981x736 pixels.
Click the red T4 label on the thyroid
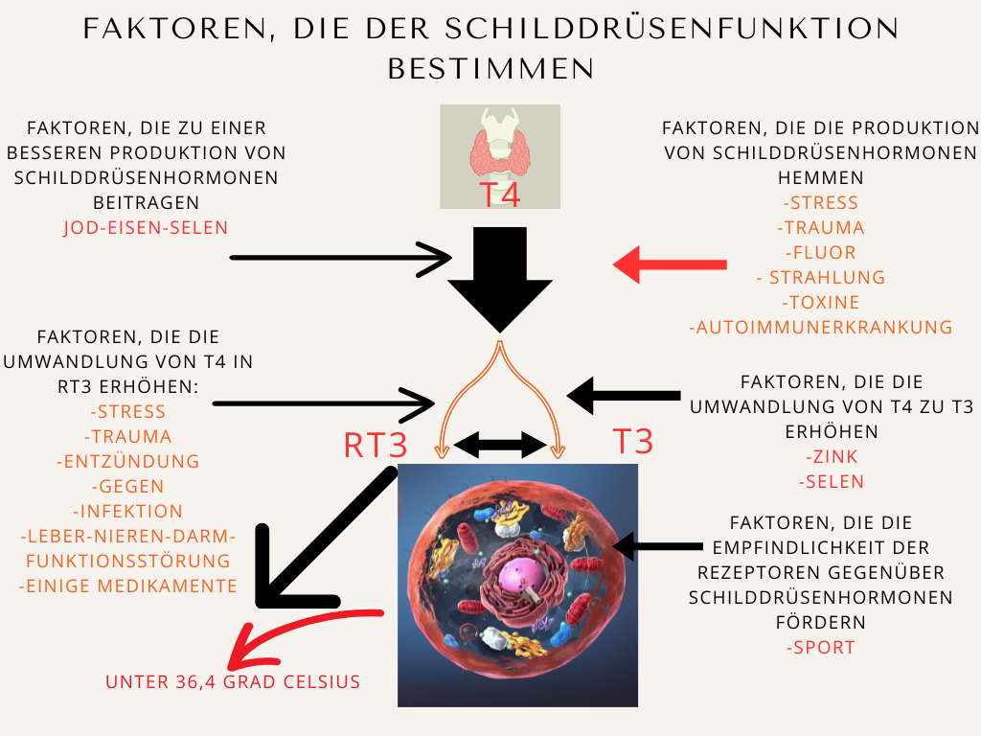pyautogui.click(x=499, y=194)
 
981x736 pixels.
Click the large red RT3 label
pyautogui.click(x=376, y=445)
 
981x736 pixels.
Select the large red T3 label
pyautogui.click(x=632, y=442)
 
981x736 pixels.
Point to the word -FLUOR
pyautogui.click(x=820, y=253)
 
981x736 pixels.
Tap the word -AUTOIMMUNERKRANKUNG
pyautogui.click(x=820, y=328)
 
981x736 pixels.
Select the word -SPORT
pyautogui.click(x=820, y=648)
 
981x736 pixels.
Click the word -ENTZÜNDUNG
pyautogui.click(x=128, y=462)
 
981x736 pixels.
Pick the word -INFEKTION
pyautogui.click(x=128, y=512)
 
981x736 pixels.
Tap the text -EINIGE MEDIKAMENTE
pyautogui.click(x=128, y=586)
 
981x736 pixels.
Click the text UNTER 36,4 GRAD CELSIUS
pyautogui.click(x=233, y=683)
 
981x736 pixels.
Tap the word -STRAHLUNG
pyautogui.click(x=820, y=278)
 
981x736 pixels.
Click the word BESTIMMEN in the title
pyautogui.click(x=490, y=69)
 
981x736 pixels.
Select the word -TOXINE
pyautogui.click(x=820, y=303)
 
